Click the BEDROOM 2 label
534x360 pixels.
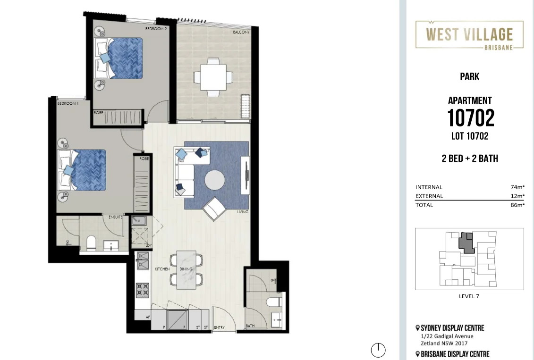(x=156, y=29)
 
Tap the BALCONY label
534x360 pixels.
(x=241, y=33)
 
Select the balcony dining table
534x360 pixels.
(x=213, y=77)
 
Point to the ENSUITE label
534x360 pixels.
(x=116, y=217)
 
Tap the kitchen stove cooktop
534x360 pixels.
(x=143, y=290)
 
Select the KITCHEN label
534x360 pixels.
(x=162, y=269)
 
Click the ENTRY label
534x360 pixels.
(x=219, y=327)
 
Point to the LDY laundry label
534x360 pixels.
(x=148, y=245)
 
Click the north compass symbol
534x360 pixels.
(x=378, y=350)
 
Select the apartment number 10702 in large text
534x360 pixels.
(x=470, y=118)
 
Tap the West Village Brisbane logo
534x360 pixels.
(x=469, y=35)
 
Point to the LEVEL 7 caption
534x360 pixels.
(x=469, y=296)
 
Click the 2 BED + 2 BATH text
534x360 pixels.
(x=469, y=159)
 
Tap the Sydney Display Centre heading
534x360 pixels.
(x=452, y=328)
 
